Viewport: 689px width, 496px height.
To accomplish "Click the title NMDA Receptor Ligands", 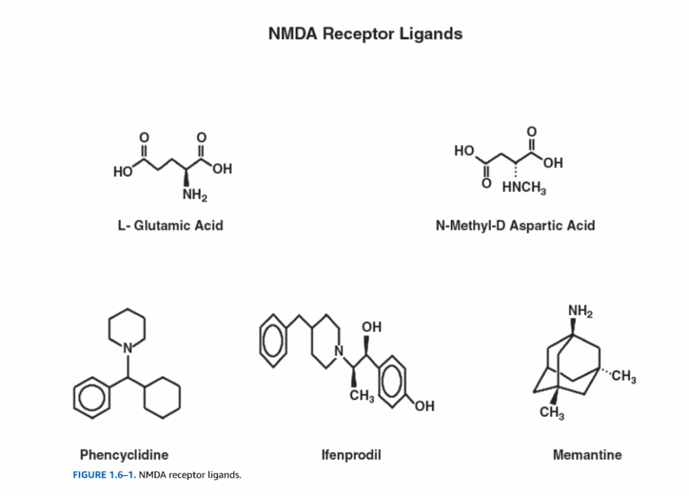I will coord(365,34).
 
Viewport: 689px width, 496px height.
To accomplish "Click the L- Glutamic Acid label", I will coord(170,225).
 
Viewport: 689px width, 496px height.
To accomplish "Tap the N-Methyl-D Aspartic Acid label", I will coord(515,225).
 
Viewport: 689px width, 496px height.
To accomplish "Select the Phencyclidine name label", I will coord(124,454).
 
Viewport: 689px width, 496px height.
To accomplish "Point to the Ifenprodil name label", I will coord(351,455).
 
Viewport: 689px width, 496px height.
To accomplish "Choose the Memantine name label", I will coord(587,455).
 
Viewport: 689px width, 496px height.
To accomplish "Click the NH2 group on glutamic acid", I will coord(194,196).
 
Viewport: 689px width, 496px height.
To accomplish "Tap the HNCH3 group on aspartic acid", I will coord(524,188).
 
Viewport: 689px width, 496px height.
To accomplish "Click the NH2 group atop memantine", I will coord(579,311).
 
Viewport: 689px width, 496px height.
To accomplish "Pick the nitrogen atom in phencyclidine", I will coord(126,347).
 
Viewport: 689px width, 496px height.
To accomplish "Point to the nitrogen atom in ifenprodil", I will coord(339,351).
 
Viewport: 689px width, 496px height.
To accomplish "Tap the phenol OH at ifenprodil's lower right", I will coord(424,406).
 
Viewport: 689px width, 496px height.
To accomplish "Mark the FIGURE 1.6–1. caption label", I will coord(104,475).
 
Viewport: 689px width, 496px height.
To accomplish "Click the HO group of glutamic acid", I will coord(123,172).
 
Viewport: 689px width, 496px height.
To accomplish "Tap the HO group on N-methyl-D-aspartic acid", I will coord(464,151).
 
